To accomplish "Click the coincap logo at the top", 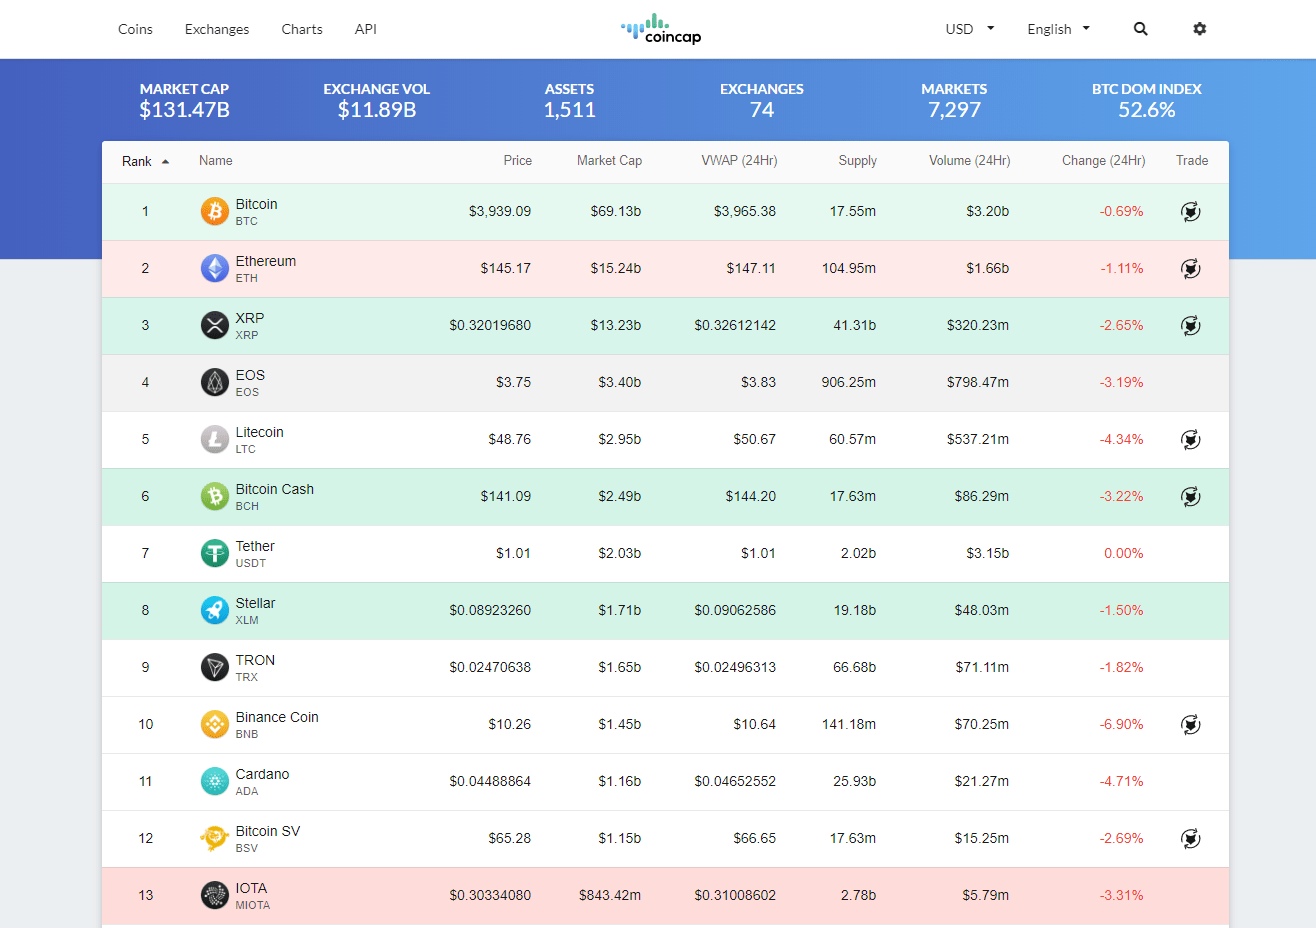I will [x=661, y=29].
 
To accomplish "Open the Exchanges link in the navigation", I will [x=217, y=29].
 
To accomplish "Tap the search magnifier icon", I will [x=1140, y=29].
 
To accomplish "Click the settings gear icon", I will [x=1200, y=29].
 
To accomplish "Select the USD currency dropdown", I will [x=969, y=29].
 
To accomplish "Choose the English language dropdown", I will [x=1058, y=29].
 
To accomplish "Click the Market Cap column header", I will [x=609, y=161].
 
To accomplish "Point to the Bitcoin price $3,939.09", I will [x=499, y=212].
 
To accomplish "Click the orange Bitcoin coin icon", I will [x=215, y=211].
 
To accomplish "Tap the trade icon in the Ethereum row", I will [x=1190, y=269].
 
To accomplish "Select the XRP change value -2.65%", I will [x=1121, y=326].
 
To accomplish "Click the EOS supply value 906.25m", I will [x=848, y=383].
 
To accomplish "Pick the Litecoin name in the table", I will [x=259, y=432].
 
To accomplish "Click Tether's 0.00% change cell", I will [x=1123, y=554].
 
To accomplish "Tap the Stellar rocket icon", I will [x=215, y=610].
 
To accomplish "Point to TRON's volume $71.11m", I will [x=981, y=668].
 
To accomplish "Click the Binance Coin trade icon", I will [x=1190, y=725].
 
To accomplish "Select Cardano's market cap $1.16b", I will [x=619, y=782].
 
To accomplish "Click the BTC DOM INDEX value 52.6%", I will [x=1146, y=110].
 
